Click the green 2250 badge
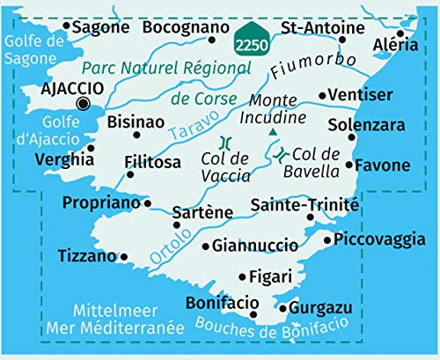point(251,40)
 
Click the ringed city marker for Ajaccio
point(84,104)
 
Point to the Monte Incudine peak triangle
point(273,132)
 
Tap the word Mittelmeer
point(116,311)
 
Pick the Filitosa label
point(152,162)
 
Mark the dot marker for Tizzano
point(124,257)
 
